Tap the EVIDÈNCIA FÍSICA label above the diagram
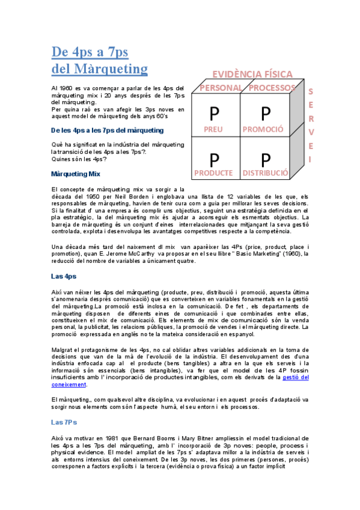(252, 75)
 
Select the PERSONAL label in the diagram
(221, 88)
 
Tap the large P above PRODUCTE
(215, 160)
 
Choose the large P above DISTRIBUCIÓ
(266, 160)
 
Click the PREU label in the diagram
(213, 129)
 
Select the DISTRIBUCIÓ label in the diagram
(265, 173)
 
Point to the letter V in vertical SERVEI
(311, 132)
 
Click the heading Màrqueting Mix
(76, 174)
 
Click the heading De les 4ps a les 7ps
(104, 130)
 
